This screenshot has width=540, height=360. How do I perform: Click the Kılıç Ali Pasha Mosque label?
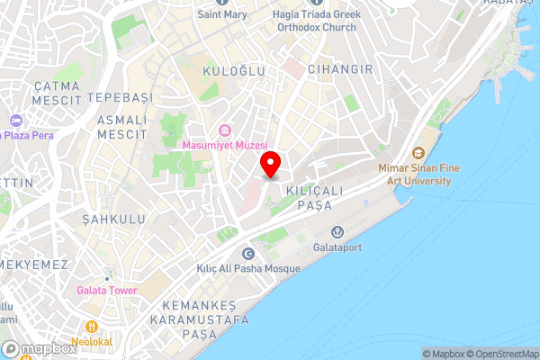247,268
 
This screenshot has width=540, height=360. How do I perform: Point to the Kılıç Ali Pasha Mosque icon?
247,252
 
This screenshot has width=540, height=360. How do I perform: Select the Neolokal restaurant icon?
91,326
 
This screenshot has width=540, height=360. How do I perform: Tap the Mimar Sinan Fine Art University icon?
417,152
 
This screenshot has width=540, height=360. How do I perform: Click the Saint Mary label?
222,14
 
